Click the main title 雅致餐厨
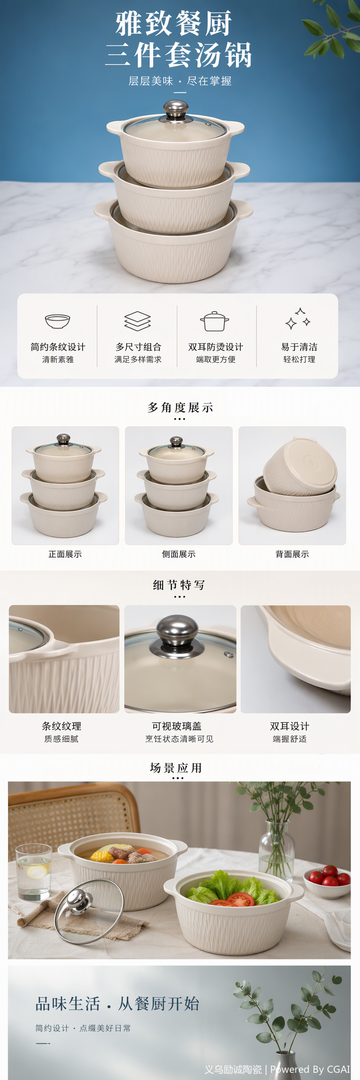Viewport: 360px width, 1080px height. coord(174,24)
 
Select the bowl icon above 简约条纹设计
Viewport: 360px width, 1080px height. coord(57,321)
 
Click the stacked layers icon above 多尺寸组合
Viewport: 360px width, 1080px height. coord(137,321)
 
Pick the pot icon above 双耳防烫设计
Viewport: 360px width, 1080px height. coord(214,321)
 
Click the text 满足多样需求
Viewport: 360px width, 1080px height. coord(138,359)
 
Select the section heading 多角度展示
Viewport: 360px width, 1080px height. coord(180,407)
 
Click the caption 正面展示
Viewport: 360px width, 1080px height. coord(65,554)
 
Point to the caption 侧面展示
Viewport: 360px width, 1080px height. coord(179,554)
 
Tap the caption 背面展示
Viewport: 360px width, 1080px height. coord(292,554)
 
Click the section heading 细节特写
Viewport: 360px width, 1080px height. coord(179,585)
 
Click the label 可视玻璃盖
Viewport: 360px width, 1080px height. coord(177,726)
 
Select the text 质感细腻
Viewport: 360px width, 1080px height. coord(61,739)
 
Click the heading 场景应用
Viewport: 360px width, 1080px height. coord(176,768)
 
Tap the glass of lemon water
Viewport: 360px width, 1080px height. coord(34,873)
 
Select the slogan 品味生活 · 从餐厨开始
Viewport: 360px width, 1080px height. coord(117,1003)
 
